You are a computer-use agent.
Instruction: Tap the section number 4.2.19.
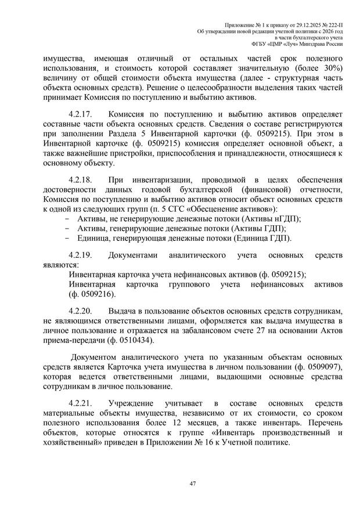pyautogui.click(x=80, y=255)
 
